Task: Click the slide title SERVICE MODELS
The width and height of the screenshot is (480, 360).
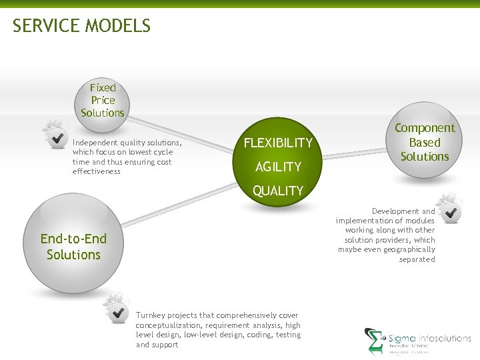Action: [81, 26]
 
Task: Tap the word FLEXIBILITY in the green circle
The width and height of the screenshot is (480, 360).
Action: [278, 143]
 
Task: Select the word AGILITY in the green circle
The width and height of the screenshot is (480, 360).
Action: [279, 167]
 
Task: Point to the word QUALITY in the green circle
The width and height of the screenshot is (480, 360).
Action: [278, 191]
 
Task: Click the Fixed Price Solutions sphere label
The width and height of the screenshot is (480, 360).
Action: [103, 100]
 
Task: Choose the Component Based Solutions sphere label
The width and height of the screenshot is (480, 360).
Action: [425, 142]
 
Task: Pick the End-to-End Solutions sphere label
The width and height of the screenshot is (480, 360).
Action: [73, 247]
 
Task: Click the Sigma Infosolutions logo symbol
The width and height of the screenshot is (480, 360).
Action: [375, 341]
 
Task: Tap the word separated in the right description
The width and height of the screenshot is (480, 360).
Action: [417, 259]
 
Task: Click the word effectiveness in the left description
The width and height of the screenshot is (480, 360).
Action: [97, 171]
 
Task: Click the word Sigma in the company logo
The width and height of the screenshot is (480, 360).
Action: [402, 339]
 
